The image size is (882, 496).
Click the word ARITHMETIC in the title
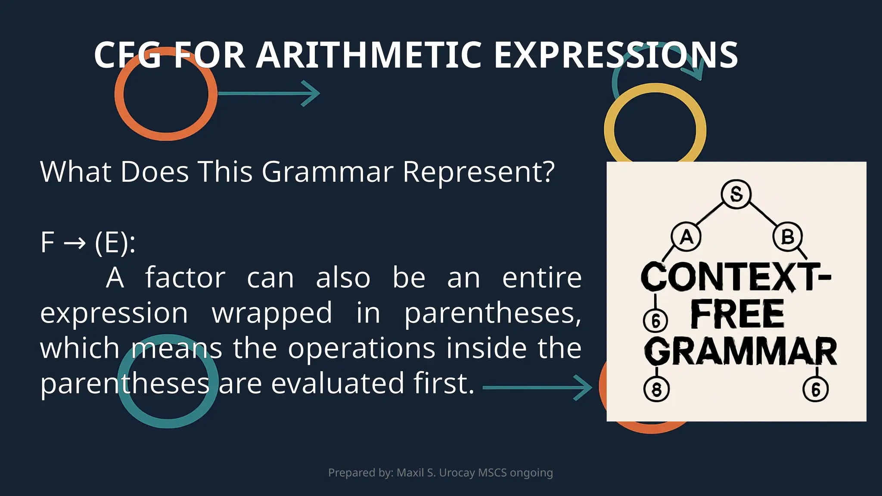point(369,55)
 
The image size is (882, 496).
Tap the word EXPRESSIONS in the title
point(615,55)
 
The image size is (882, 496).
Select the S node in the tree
point(736,194)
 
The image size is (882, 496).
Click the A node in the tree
point(686,237)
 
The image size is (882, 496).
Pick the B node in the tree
point(787,237)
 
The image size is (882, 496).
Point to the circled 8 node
point(656,390)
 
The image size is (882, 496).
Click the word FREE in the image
point(737,314)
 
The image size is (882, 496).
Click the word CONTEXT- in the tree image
point(736,277)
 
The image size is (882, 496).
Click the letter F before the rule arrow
point(47,242)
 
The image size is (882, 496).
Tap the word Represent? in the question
point(478,172)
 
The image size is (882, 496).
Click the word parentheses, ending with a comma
point(493,313)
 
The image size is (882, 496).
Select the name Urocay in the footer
point(457,473)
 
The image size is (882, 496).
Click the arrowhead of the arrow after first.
point(584,387)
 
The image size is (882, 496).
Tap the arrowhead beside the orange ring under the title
point(311,93)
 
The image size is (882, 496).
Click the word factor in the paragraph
point(185,278)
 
